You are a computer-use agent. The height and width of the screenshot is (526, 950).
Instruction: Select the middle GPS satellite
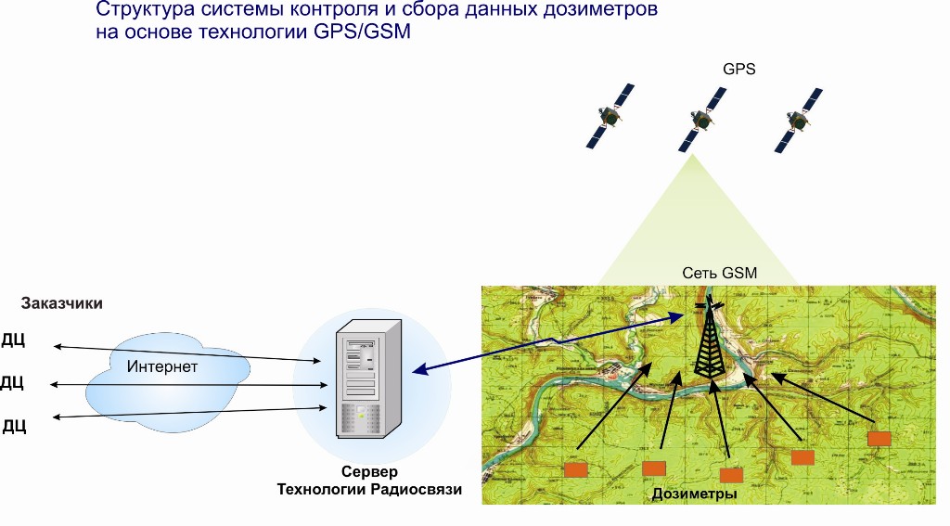click(701, 119)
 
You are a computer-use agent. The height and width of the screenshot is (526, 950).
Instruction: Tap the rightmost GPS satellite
click(798, 121)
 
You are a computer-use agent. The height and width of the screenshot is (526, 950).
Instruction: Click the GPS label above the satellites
click(739, 69)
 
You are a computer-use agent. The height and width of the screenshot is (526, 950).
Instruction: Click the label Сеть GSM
click(720, 273)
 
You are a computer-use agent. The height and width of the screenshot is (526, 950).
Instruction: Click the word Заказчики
click(61, 303)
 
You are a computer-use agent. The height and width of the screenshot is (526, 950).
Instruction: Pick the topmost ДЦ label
click(14, 340)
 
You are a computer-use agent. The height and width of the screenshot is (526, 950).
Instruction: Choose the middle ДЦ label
click(12, 382)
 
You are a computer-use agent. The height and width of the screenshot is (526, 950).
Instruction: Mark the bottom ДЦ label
click(14, 426)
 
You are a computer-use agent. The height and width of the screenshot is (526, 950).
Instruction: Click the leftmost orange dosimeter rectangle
click(576, 470)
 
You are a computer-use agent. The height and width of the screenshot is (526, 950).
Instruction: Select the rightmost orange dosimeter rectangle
click(879, 438)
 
